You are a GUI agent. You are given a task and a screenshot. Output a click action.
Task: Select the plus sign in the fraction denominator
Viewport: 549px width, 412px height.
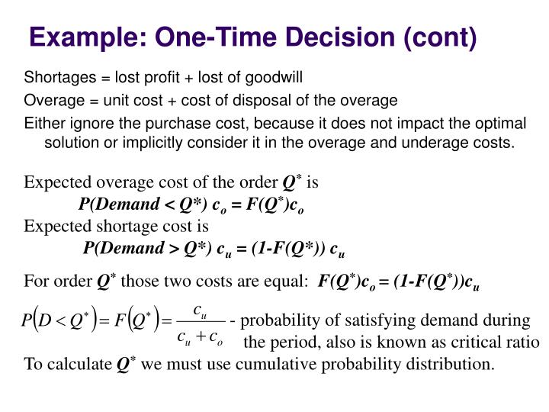pyautogui.click(x=201, y=336)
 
